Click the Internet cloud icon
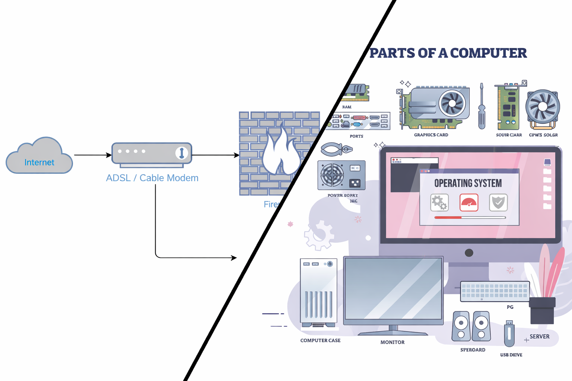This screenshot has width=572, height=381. tap(39, 156)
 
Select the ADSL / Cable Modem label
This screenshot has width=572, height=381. tap(152, 178)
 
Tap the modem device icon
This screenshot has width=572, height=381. tap(152, 153)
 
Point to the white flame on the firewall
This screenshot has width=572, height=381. tap(280, 153)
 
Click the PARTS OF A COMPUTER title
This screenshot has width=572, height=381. tap(448, 53)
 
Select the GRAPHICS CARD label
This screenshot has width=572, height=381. tap(431, 135)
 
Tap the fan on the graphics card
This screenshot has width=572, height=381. tap(452, 103)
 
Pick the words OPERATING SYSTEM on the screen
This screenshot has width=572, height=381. tap(468, 183)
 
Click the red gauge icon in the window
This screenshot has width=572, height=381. tap(469, 202)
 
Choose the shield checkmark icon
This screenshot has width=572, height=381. tap(498, 202)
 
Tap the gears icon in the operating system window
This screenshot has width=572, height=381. tap(439, 202)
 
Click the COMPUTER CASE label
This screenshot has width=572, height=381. tap(320, 340)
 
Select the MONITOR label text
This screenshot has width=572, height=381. tap(392, 342)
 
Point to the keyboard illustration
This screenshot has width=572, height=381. tap(495, 291)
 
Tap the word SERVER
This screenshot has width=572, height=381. tap(539, 337)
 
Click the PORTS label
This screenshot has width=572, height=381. tap(356, 136)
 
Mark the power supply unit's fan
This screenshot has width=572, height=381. tap(332, 175)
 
